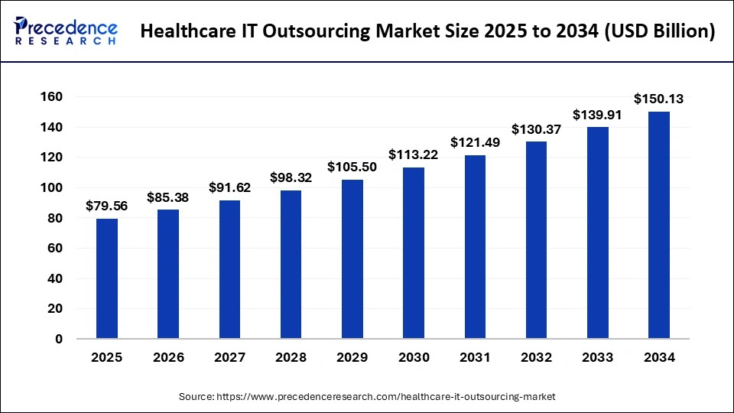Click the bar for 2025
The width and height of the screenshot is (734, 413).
coord(107,278)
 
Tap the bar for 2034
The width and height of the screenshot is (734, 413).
coord(659,225)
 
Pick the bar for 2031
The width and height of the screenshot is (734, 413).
coord(475,246)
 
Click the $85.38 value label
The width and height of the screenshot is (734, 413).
coord(168,197)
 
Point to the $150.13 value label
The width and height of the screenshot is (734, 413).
coord(659,99)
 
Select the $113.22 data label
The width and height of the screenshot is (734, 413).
coord(414,154)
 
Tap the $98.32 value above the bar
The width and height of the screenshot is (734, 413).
coord(291,177)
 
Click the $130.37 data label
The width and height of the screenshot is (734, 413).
coord(537,129)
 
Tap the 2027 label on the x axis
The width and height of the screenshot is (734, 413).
coord(229,357)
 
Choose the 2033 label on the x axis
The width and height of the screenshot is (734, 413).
coord(598,357)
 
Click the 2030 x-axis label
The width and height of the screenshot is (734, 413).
coord(414,357)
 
